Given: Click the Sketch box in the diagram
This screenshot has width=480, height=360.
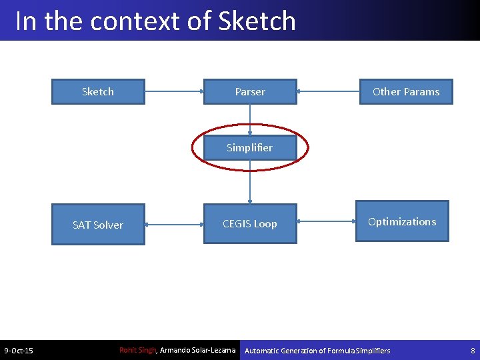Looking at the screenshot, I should click(x=98, y=92).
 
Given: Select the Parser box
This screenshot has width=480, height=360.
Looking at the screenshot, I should click(x=250, y=92).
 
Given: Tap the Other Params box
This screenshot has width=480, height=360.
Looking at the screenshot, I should click(x=405, y=92).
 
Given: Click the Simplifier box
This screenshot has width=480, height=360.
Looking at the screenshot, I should click(x=250, y=147).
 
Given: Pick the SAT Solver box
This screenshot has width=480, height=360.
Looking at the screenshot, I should click(x=98, y=225).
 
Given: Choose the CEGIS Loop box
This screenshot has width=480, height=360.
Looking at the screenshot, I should click(x=250, y=224).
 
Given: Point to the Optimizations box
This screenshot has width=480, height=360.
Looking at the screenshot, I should click(x=402, y=221).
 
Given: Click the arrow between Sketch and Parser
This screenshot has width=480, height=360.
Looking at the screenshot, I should click(x=174, y=91).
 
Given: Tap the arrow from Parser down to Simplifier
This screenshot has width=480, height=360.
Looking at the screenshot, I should click(x=250, y=120).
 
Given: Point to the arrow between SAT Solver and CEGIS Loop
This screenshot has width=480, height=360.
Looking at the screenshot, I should click(x=174, y=225).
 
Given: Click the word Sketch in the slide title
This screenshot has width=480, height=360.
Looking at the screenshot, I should click(x=257, y=21).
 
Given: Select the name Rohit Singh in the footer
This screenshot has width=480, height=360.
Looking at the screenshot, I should click(x=137, y=350).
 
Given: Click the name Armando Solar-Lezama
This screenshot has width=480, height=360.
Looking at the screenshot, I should click(x=198, y=350).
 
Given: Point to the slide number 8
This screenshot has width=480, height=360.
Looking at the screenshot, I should click(x=473, y=351).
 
